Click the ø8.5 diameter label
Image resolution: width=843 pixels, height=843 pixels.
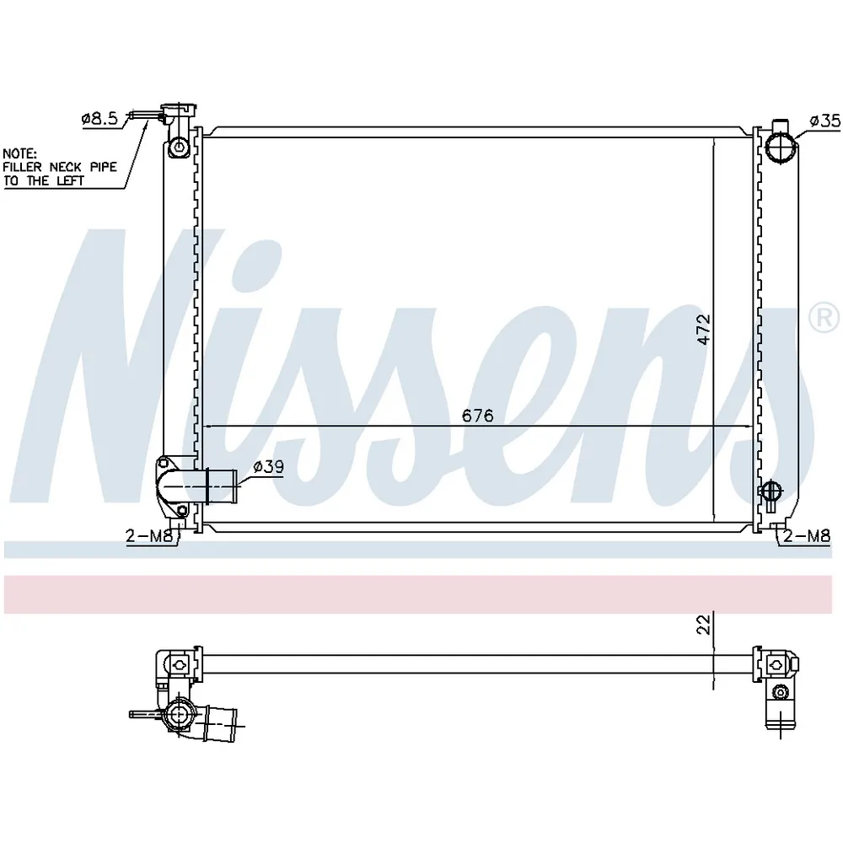coord(99,118)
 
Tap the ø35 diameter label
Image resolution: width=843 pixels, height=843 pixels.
coord(825,121)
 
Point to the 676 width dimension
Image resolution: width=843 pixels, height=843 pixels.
coord(477,416)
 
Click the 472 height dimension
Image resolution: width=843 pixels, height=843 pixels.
coord(704,330)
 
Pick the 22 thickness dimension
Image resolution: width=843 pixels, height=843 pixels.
coord(704,624)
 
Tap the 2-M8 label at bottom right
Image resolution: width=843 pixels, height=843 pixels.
coord(807,535)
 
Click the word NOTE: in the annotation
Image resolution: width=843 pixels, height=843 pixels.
coord(20,153)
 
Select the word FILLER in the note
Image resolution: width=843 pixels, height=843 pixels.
coord(22,167)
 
